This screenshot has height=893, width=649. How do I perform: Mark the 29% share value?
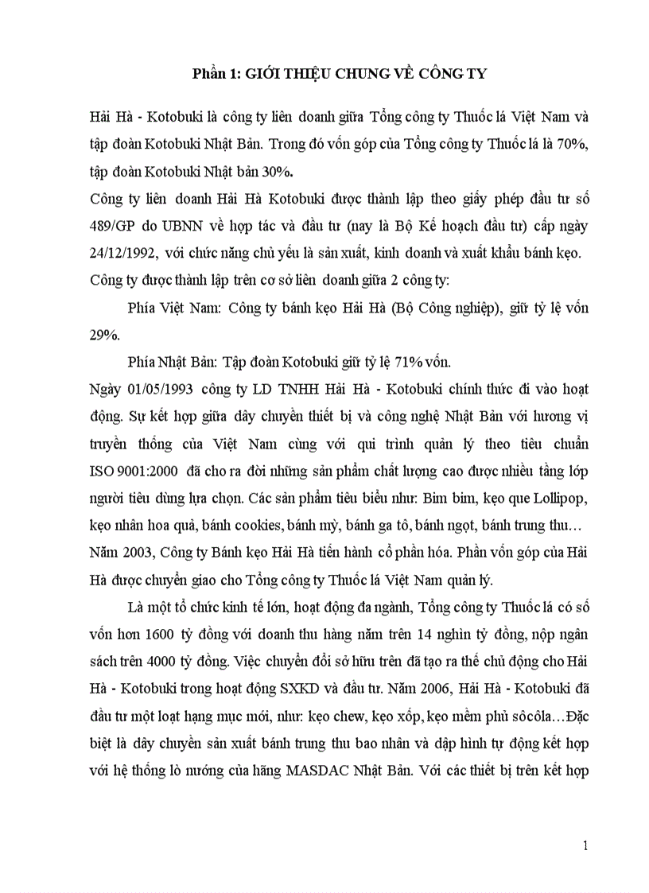(x=104, y=335)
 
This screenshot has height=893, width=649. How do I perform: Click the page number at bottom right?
(x=585, y=846)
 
